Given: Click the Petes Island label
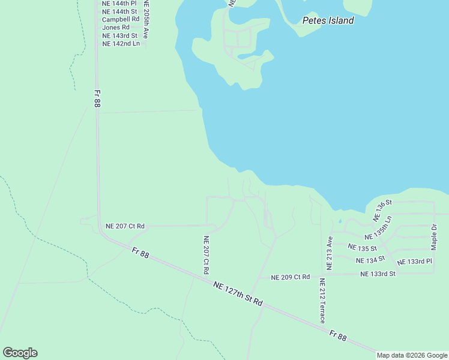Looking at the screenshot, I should (328, 20).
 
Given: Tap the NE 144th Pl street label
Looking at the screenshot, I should (119, 3).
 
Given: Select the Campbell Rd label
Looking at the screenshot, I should (120, 19).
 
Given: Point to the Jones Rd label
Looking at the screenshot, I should (116, 28).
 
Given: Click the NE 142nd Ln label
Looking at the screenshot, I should (121, 44).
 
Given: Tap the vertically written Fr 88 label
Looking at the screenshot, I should (97, 99).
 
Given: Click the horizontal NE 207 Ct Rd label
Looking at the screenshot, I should (125, 226).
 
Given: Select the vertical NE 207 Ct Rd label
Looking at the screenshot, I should (205, 254).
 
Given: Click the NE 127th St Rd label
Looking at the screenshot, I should (238, 292).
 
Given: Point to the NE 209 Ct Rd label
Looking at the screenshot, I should (291, 277).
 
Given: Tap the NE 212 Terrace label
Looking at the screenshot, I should (322, 301).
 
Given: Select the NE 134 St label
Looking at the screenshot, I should (370, 260).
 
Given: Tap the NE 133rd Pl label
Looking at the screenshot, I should (414, 262).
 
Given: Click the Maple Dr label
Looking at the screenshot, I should (435, 237).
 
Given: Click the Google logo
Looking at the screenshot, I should (20, 353).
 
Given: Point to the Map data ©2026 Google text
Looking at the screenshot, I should (412, 355).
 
